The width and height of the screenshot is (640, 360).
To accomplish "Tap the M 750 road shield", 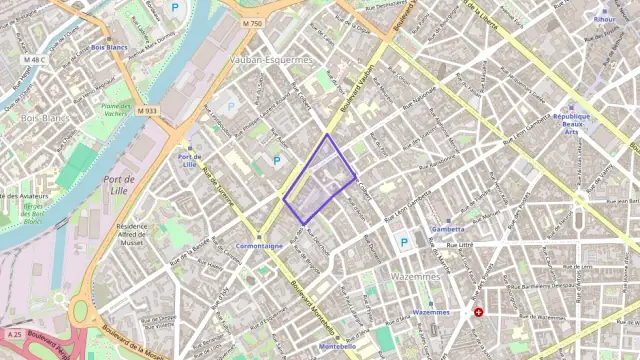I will (x=252, y=23).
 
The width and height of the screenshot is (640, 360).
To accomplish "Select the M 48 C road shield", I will (x=34, y=59).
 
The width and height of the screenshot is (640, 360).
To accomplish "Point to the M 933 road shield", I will (x=148, y=110).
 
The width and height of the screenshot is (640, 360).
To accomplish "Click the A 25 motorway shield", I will (x=14, y=333).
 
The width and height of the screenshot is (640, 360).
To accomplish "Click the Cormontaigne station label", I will (x=259, y=245).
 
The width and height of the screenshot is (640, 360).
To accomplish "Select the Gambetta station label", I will (x=447, y=229).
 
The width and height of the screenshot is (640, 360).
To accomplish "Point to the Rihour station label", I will (x=605, y=18).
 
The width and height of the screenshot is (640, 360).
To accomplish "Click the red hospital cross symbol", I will (x=479, y=312).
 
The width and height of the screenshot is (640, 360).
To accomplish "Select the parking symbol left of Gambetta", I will (x=404, y=242).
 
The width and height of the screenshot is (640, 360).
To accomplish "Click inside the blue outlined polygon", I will (x=320, y=180).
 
